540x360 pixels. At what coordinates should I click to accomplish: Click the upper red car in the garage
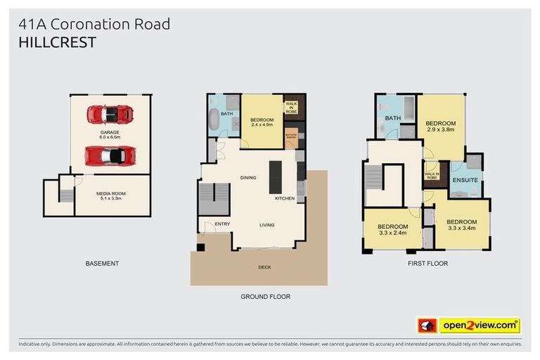click(109, 113)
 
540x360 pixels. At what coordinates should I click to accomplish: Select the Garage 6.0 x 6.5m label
click(109, 134)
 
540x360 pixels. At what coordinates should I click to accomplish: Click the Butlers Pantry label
click(290, 136)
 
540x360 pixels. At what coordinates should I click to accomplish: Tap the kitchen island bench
click(275, 176)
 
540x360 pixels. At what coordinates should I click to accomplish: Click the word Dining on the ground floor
click(248, 177)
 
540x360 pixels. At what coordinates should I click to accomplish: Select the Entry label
click(213, 224)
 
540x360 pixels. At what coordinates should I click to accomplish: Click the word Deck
click(264, 267)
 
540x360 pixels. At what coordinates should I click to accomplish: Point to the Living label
click(266, 225)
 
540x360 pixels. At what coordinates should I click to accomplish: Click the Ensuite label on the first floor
click(465, 181)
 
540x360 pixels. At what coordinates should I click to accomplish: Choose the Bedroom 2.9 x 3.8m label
click(440, 127)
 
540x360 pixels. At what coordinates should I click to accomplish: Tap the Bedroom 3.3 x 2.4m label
click(392, 229)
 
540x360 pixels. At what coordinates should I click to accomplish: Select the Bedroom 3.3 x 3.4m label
click(461, 225)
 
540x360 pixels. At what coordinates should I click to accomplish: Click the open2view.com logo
click(480, 326)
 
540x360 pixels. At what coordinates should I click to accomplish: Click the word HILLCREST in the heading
click(58, 43)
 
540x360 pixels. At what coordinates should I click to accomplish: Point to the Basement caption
click(102, 264)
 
